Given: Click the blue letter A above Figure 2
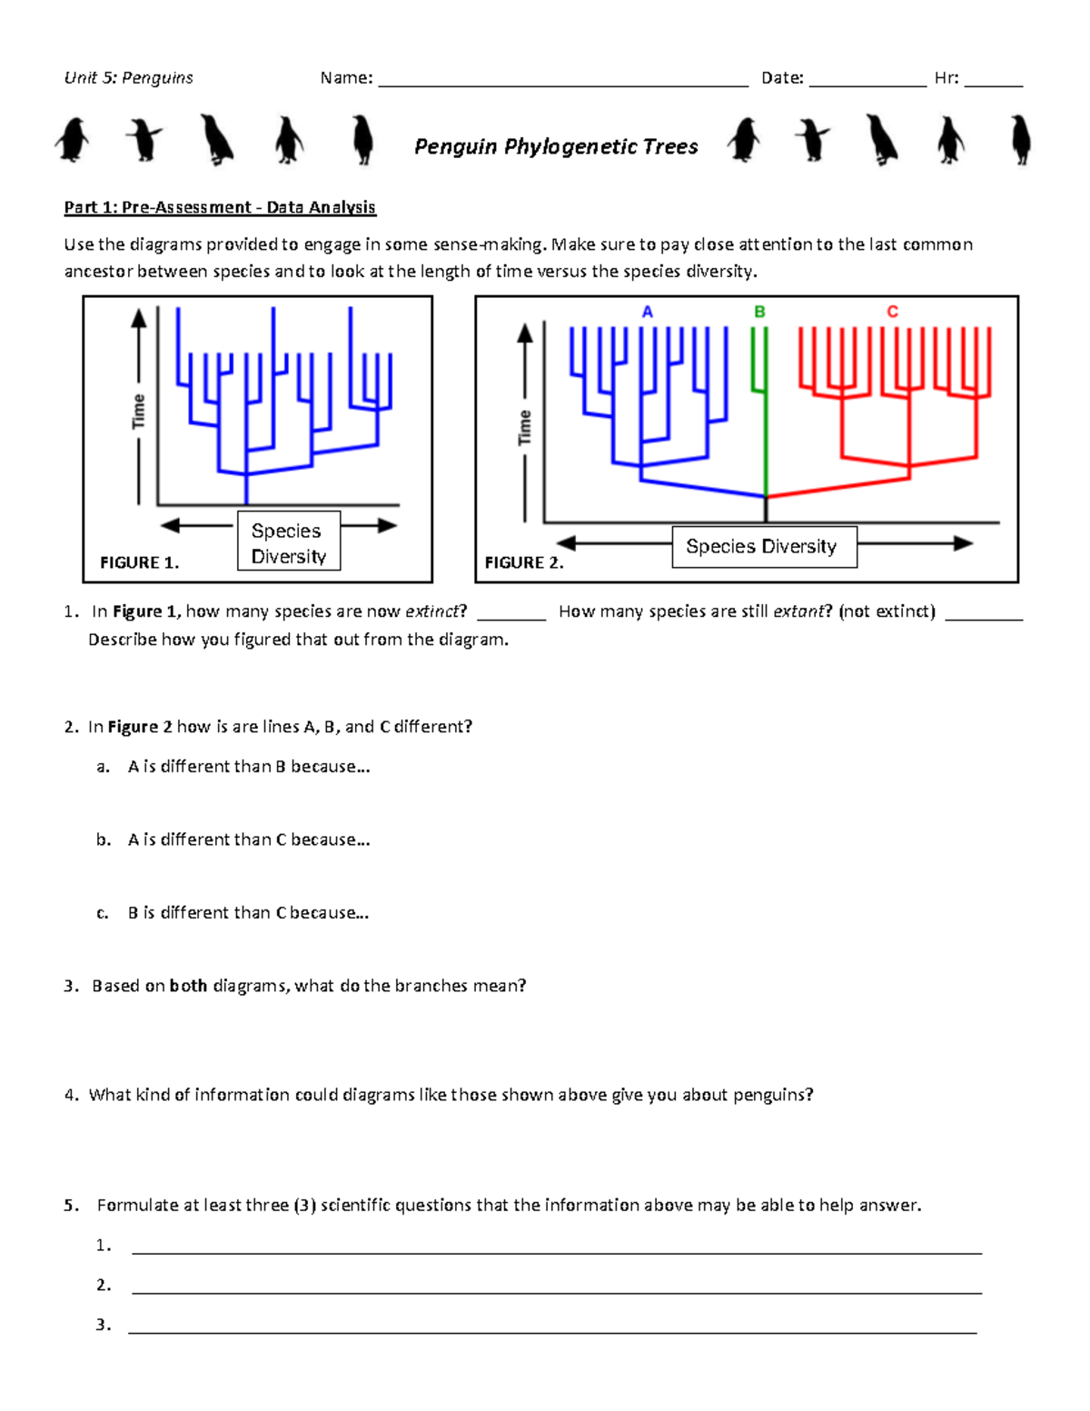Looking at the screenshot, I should pos(648,312).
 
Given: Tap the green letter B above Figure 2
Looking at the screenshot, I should pos(759,312).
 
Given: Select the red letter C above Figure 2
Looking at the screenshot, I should pos(892,312).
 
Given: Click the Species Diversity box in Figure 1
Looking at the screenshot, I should pos(289,542).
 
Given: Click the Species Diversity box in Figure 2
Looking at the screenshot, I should pos(764,547).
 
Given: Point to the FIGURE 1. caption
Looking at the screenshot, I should pos(139,563).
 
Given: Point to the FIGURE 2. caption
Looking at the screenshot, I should pos(524,563).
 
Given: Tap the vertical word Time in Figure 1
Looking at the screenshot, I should pos(138,411).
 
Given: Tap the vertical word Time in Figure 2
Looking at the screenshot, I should pos(525,427).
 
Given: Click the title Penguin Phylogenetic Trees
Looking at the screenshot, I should pos(556,146).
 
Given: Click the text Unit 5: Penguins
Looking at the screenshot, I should pos(128,78).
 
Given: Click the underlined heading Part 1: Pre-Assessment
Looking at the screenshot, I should pos(220,207).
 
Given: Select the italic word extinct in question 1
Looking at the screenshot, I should pos(432,611).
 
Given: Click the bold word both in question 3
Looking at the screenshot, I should pos(188,986).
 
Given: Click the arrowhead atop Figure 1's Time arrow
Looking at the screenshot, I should pos(138,317).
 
